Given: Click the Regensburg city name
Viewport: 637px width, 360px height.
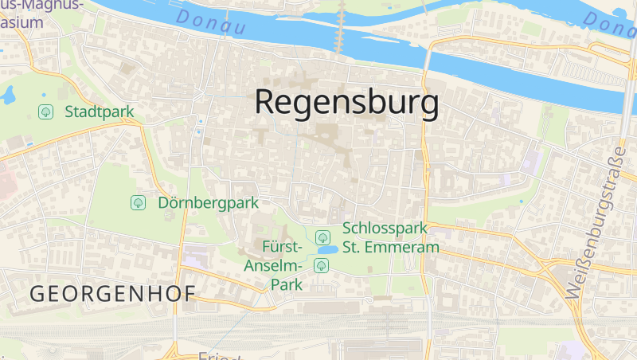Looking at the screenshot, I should click(x=346, y=103).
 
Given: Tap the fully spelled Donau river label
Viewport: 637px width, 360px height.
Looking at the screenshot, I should click(x=211, y=22).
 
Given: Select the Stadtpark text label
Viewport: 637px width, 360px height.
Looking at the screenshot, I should click(x=100, y=112).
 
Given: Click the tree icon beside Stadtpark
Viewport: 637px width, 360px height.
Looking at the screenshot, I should click(x=45, y=112).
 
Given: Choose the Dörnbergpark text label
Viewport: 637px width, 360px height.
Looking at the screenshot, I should click(x=208, y=202).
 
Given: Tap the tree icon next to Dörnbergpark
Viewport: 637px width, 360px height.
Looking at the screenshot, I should click(x=139, y=202).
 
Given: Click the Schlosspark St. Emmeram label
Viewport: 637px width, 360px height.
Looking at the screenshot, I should click(x=390, y=237).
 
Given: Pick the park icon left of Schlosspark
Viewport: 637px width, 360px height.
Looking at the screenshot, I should click(x=322, y=237).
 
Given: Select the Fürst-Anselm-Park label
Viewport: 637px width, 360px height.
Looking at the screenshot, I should click(x=274, y=264).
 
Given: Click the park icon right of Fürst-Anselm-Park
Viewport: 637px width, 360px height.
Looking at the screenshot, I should click(x=321, y=264).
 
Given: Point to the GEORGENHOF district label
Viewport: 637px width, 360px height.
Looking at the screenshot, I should click(x=112, y=293).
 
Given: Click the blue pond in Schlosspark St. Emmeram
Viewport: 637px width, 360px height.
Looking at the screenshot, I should click(x=326, y=249).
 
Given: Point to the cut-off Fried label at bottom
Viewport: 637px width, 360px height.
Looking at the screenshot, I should click(x=219, y=355).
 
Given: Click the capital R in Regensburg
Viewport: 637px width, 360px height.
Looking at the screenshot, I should click(x=264, y=103).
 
